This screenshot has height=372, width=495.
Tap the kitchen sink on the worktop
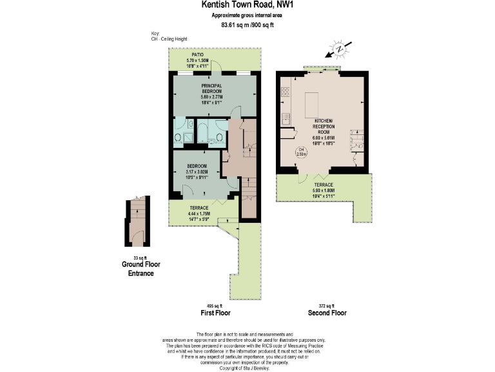[x=284, y=119]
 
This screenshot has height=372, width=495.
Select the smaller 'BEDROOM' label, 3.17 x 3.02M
[x=197, y=166]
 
